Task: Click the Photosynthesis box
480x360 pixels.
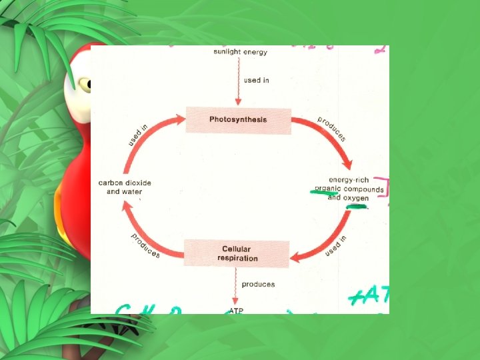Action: point(238,120)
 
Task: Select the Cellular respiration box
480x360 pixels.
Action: point(237,253)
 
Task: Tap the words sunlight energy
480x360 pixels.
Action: point(240,52)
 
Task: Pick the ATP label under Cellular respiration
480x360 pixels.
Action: point(236,310)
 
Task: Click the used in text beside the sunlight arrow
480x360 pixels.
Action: point(257,81)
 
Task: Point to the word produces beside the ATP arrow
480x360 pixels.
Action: point(258,285)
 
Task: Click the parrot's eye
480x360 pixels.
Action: point(85,84)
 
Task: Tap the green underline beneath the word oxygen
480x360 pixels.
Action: point(357,207)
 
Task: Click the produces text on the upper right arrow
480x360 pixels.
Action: point(331,129)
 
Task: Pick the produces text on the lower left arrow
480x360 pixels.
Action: point(145,245)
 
